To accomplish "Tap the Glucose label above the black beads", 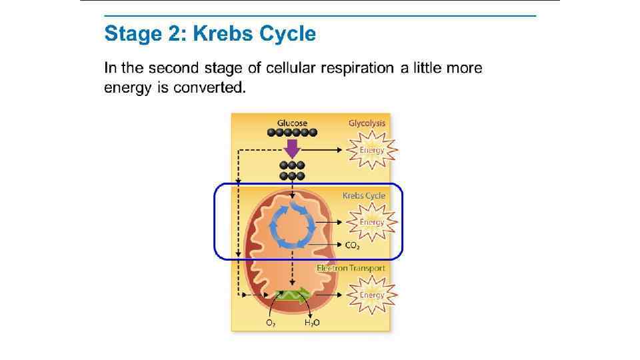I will coord(292,123).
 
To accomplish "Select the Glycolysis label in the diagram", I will coord(367,123).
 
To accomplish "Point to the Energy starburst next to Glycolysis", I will coord(371,150).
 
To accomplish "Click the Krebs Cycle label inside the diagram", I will coord(364,195).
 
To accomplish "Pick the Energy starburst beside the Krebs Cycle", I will coord(371,222).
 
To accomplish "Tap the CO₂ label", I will coord(353,245).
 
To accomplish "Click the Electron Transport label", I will coord(351,268).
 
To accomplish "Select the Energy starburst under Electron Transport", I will coord(371,295).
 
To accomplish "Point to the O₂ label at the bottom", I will coord(271,323).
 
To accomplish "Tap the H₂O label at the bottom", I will coord(312,323).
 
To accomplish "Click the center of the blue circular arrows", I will coord(291,226).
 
